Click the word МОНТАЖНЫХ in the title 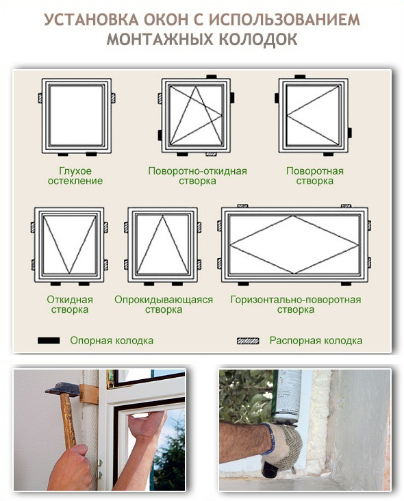(160, 39)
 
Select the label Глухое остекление (75, 176)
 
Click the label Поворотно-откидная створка (197, 176)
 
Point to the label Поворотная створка (315, 176)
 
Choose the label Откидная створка (70, 305)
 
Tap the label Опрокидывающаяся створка (164, 305)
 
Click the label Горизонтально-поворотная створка (296, 305)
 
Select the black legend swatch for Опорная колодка (49, 340)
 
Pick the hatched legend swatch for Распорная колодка (248, 341)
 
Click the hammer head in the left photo (62, 389)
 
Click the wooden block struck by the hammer (89, 394)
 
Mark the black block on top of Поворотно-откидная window (212, 77)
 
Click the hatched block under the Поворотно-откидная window (211, 154)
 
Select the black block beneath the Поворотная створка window (328, 154)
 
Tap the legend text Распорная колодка (316, 341)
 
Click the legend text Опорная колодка (112, 341)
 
